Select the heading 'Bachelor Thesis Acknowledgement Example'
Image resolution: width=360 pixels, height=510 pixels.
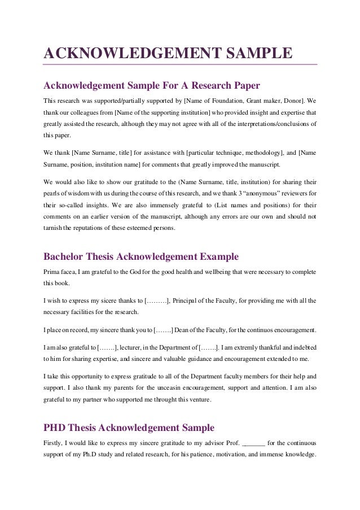coord(141,256)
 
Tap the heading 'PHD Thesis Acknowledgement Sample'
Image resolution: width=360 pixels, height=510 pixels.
coord(129,428)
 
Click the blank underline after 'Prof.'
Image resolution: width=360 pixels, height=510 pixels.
coord(254,443)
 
